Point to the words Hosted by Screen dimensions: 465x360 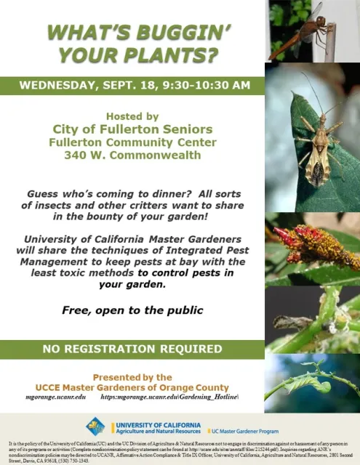pos(132,116)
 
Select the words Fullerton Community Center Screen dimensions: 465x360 pos(132,142)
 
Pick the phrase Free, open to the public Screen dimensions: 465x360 pos(132,310)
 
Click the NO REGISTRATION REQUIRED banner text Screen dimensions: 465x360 pos(132,348)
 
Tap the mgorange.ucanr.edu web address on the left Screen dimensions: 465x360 pos(56,397)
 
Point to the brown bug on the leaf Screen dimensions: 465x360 pos(318,145)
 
